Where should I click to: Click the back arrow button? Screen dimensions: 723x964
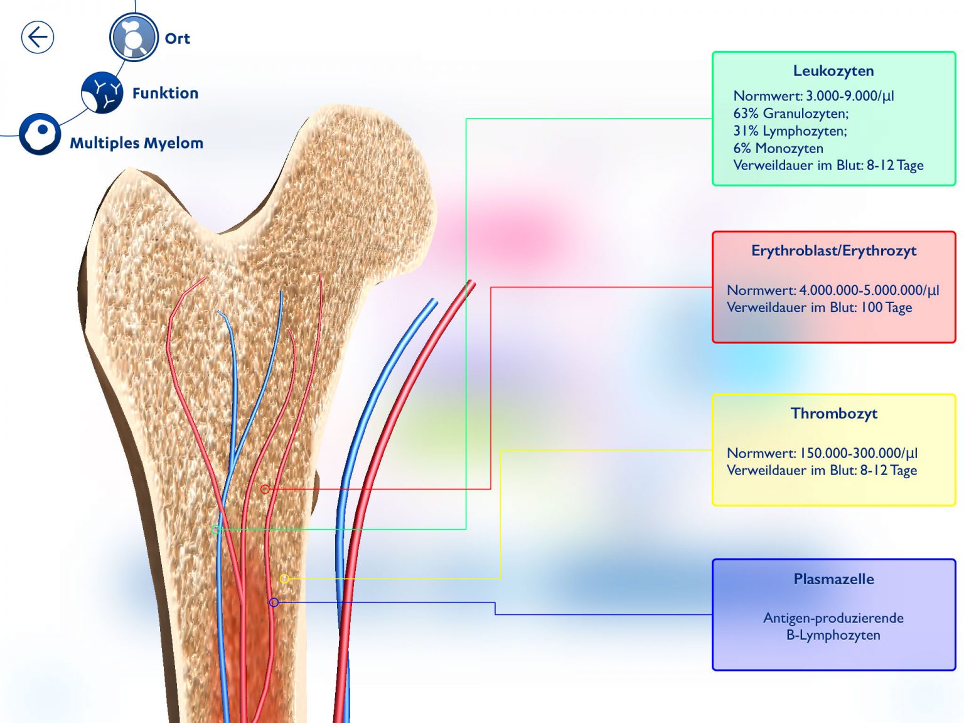(38, 38)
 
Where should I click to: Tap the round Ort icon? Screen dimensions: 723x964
(134, 38)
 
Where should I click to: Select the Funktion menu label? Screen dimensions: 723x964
(165, 93)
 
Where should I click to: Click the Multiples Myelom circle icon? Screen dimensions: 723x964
(40, 134)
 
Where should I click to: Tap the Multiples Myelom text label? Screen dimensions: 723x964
(137, 143)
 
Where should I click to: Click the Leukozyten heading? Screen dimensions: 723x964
(833, 71)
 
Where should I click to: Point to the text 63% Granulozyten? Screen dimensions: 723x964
(791, 114)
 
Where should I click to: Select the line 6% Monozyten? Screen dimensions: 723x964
(778, 149)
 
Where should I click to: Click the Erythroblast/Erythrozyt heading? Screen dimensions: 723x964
(833, 251)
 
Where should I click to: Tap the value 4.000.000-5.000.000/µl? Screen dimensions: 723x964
(869, 291)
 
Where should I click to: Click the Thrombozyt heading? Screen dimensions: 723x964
(833, 414)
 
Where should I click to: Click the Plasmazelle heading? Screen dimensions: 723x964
(833, 579)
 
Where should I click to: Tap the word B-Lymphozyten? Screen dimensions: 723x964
(833, 635)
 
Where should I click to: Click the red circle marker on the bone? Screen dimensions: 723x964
(265, 489)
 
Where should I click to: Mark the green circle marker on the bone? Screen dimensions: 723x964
(216, 530)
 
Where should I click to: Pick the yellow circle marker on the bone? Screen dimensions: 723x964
(284, 579)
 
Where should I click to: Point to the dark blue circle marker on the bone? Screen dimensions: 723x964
(274, 602)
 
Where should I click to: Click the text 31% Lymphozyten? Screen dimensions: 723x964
(790, 131)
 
